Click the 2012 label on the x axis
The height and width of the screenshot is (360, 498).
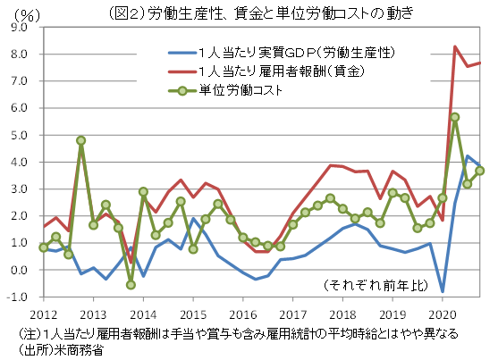43,314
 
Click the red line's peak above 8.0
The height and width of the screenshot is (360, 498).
455,46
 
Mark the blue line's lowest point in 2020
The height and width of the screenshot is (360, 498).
443,291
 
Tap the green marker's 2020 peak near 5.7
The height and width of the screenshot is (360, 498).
455,117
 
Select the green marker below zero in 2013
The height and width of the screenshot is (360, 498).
131,284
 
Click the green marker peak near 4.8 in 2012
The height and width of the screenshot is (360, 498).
80,140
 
